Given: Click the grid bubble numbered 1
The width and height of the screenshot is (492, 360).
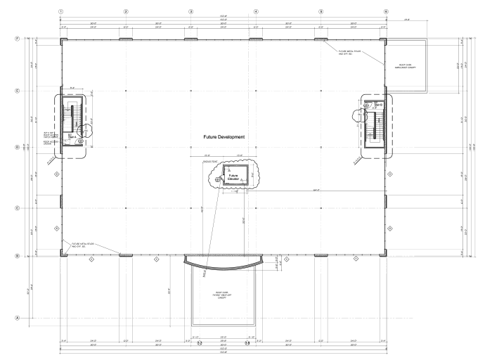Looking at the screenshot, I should [61, 11].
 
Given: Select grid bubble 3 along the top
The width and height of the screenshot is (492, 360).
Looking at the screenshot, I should [190, 11].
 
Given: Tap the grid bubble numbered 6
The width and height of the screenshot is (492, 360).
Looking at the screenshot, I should [386, 11].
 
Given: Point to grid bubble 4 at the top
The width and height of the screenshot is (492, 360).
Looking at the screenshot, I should [255, 11].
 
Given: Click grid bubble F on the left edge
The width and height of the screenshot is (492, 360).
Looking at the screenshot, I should [8, 38].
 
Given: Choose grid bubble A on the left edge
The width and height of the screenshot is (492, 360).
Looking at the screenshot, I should [8, 319].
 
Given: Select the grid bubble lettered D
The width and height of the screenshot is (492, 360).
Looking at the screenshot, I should [8, 148].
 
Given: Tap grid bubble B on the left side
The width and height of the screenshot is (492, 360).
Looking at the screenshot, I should [8, 256].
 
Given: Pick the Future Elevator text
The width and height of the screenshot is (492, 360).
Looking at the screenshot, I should [233, 176].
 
